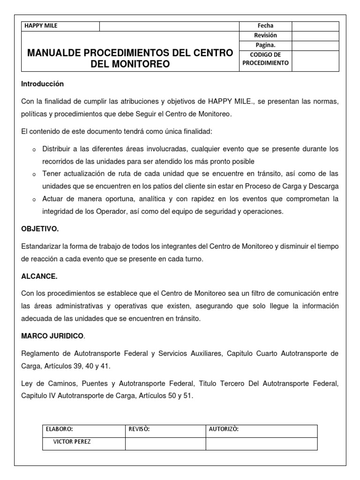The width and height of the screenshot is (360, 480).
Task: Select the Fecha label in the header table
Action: [x=265, y=26]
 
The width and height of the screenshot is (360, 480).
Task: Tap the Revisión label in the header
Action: [x=265, y=35]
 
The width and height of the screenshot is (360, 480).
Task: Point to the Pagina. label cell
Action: [x=265, y=45]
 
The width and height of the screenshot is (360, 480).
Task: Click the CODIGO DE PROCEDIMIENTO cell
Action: [x=265, y=59]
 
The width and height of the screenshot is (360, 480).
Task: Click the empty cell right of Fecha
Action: [x=315, y=26]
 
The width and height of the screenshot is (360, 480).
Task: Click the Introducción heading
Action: [x=42, y=84]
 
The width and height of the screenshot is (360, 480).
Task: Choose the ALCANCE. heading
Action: [x=39, y=277]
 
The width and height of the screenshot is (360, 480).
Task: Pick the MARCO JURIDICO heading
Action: [x=52, y=336]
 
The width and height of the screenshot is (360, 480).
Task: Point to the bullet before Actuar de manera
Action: [x=34, y=199]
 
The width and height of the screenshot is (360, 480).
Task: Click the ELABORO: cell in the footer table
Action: [x=60, y=428]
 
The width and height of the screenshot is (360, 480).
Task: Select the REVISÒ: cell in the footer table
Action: [x=139, y=428]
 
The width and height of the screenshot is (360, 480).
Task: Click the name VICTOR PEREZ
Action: [x=72, y=441]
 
